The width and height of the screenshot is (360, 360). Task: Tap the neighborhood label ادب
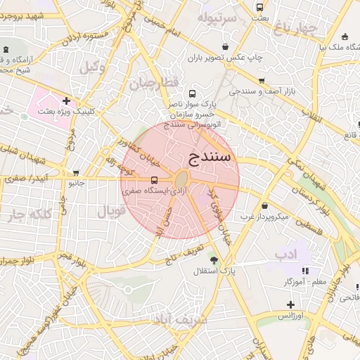[286, 252]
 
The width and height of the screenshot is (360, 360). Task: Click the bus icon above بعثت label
[260, 7]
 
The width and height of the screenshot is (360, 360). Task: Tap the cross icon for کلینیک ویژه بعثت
[66, 101]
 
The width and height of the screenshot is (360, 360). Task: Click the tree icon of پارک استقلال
[214, 260]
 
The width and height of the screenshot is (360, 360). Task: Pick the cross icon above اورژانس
[290, 304]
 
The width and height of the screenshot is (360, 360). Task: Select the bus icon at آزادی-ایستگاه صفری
[155, 180]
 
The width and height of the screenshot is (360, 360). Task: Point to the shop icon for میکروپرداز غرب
[264, 206]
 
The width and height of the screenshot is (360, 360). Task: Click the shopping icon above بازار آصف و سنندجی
[262, 81]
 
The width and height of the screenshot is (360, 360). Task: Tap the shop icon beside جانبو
[76, 173]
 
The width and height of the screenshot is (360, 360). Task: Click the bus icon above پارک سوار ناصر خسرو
[193, 93]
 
